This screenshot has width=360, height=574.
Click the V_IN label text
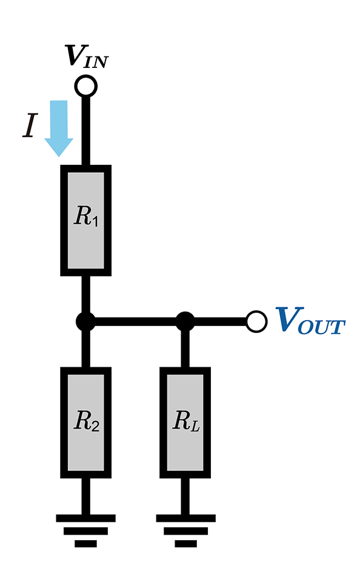point(86,57)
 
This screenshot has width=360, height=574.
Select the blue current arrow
point(59,128)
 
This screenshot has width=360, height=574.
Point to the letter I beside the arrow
point(31,125)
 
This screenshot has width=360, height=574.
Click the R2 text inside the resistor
point(86,421)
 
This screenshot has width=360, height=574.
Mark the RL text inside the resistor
point(186,421)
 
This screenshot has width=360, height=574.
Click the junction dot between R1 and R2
point(85,322)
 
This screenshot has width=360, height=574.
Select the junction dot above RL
point(185,322)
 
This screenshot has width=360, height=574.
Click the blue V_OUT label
point(310,320)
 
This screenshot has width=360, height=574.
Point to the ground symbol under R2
point(85,531)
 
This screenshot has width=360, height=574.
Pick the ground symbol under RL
point(185,531)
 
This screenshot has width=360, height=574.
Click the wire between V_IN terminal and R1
point(85,132)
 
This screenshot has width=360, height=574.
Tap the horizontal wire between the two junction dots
point(135,322)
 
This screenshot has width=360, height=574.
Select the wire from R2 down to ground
point(85,496)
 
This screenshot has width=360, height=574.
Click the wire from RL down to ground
point(185,496)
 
